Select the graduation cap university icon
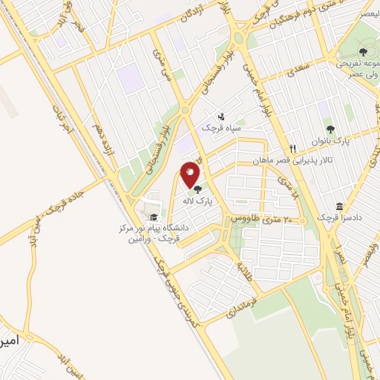coord(153,217)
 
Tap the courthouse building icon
coord(339,206)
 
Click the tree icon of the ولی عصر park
coord(363,51)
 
